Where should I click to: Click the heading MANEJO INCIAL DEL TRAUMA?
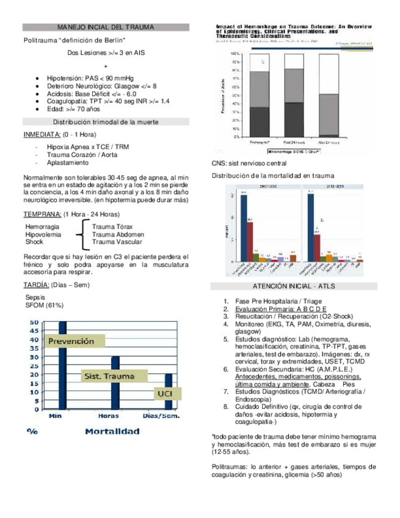point(105,27)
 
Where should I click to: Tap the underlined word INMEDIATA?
point(42,134)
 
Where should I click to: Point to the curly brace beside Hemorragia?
point(81,234)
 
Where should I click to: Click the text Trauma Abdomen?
point(118,234)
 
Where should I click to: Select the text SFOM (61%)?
point(45,305)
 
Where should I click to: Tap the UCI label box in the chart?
point(164,394)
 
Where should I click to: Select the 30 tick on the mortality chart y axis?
point(34,357)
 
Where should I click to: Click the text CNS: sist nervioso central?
point(249,164)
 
